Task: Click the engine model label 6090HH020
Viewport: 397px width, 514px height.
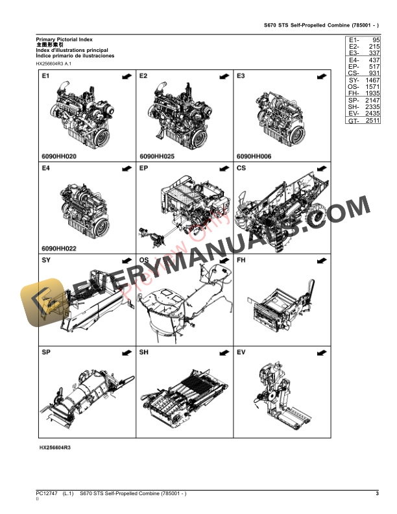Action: point(59,156)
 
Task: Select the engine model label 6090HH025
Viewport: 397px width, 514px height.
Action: point(157,156)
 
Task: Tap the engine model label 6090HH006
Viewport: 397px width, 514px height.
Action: point(255,156)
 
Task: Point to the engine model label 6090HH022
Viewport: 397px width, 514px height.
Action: point(59,248)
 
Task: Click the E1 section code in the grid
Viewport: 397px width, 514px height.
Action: point(45,77)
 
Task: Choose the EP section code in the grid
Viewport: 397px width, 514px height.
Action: point(144,168)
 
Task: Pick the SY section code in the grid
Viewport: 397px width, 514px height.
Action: point(46,260)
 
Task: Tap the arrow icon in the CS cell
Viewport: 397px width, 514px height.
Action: point(321,169)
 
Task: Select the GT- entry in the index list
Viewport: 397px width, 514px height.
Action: point(354,121)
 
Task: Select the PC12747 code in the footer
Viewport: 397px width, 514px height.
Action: point(47,495)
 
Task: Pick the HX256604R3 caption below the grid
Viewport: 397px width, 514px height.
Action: point(55,448)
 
